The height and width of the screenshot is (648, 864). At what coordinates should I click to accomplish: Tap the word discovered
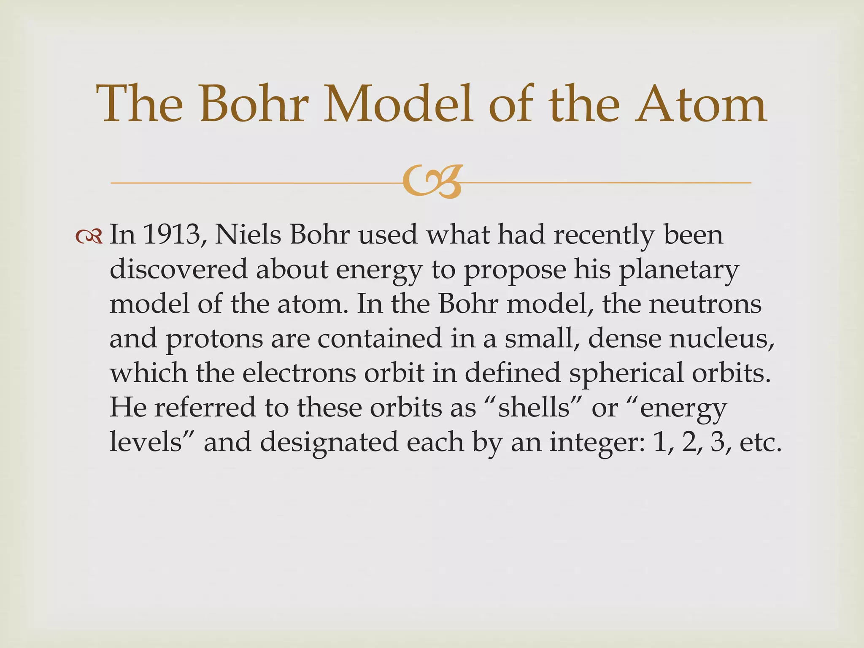pos(178,269)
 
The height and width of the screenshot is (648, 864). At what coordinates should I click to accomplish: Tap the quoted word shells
pos(534,408)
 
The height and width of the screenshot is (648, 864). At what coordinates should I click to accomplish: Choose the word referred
pos(205,408)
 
